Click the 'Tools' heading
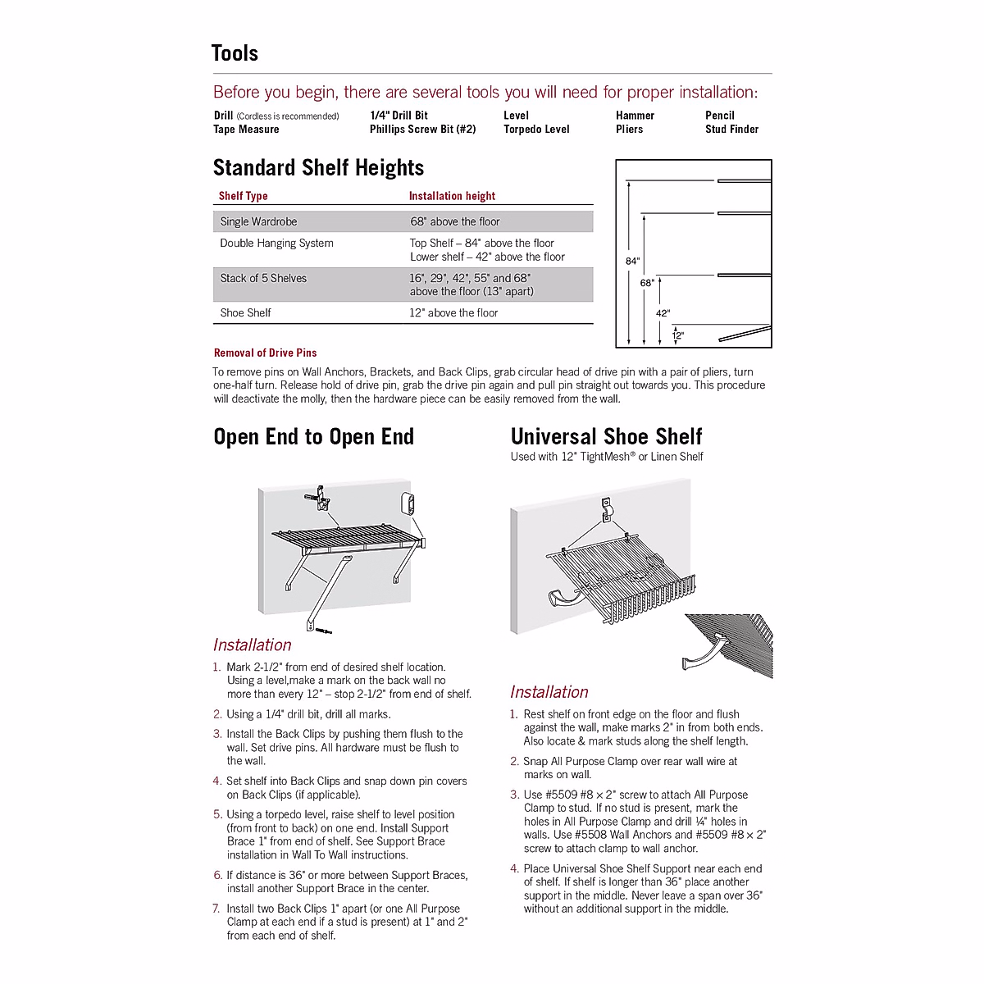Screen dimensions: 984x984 point(235,53)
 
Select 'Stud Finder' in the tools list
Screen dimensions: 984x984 point(731,130)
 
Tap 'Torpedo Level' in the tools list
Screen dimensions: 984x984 point(536,130)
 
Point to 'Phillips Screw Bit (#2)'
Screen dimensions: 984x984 point(422,130)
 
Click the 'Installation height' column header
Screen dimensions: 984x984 point(452,196)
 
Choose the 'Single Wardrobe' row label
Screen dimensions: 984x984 point(258,221)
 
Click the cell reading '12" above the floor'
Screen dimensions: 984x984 point(453,312)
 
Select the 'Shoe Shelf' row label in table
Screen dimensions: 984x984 point(245,312)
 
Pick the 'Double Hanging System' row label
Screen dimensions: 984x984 point(276,243)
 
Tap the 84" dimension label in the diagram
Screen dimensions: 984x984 point(632,262)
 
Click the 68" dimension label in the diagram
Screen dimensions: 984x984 point(647,283)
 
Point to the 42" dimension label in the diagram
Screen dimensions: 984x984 point(663,313)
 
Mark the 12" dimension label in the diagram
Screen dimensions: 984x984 point(678,335)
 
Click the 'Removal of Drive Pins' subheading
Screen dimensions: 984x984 point(265,353)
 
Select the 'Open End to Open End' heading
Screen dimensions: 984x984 point(313,437)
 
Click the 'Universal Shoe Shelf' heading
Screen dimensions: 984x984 point(606,437)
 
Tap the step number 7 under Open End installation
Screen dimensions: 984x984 point(216,909)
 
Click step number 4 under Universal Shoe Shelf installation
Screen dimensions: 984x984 point(514,868)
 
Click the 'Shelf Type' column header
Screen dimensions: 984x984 point(243,196)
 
